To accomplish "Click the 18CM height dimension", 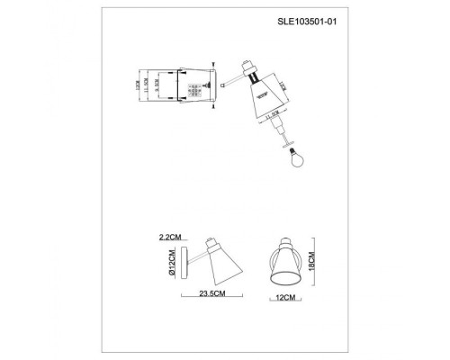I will click(x=310, y=261).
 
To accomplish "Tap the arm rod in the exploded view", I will click(x=229, y=81).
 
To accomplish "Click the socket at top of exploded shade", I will click(x=249, y=72).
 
